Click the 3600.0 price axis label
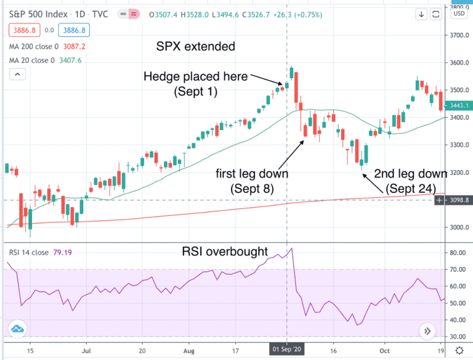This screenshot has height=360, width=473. [457, 63]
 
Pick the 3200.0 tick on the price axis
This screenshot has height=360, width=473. [457, 173]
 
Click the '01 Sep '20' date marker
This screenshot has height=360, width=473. [287, 350]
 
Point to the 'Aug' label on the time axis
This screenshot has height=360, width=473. [190, 350]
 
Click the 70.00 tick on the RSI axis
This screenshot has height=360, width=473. [457, 269]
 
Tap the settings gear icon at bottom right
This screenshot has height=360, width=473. [459, 350]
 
